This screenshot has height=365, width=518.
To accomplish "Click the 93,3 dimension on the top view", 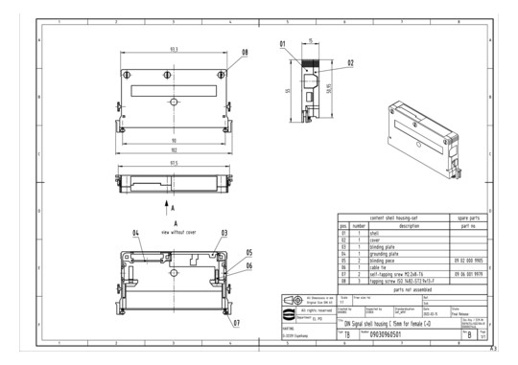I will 173,48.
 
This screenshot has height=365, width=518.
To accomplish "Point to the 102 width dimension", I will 173,149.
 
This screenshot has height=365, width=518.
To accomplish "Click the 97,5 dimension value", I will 173,163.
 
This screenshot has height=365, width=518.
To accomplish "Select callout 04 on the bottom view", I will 136,233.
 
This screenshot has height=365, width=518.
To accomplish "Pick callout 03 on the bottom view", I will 224,233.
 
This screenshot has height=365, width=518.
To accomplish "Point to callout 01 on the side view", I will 283,44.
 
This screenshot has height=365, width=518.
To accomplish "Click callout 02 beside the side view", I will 351,62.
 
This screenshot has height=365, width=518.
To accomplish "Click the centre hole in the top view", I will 173,102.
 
